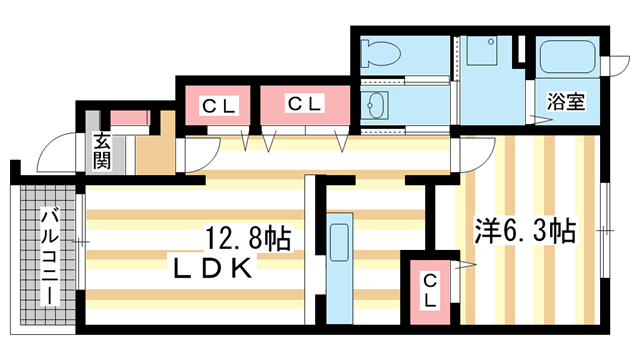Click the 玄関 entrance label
(x=103, y=150)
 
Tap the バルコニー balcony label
(x=48, y=257)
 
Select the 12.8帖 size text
(x=248, y=238)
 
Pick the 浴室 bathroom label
(x=565, y=100)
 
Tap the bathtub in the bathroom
(x=567, y=57)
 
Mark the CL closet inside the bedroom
(x=428, y=290)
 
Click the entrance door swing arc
(x=52, y=155)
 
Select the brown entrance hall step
(x=155, y=152)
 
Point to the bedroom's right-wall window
(x=604, y=230)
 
